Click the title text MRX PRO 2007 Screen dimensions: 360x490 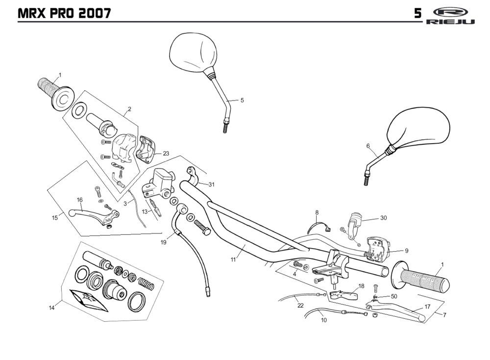point(64,13)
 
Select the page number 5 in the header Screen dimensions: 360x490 point(417,13)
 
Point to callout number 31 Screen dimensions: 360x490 point(211,184)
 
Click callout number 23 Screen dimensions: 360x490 point(166,154)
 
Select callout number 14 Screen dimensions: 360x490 point(51,308)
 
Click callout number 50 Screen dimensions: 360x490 point(394,296)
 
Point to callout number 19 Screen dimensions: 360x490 point(164,242)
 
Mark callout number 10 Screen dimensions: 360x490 point(323,320)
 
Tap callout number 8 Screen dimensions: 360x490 point(317,212)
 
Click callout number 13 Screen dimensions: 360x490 point(145,211)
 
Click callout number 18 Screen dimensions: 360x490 point(361,285)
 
